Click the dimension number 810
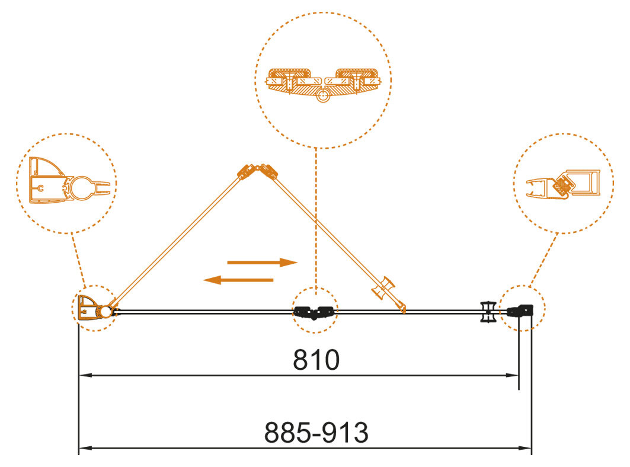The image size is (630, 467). pos(316,360)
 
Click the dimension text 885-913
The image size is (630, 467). pos(316,433)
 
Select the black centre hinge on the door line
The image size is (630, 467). pos(314,312)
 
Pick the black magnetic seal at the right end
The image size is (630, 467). pos(524,310)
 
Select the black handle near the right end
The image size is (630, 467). pos(488,311)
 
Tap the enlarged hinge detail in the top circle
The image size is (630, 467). pos(322,82)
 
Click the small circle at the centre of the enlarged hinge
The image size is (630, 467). pos(322,95)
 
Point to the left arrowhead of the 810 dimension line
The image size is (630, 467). pos(85,375)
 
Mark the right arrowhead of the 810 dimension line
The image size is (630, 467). pos(514,375)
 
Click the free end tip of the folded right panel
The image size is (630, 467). pos(404,309)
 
